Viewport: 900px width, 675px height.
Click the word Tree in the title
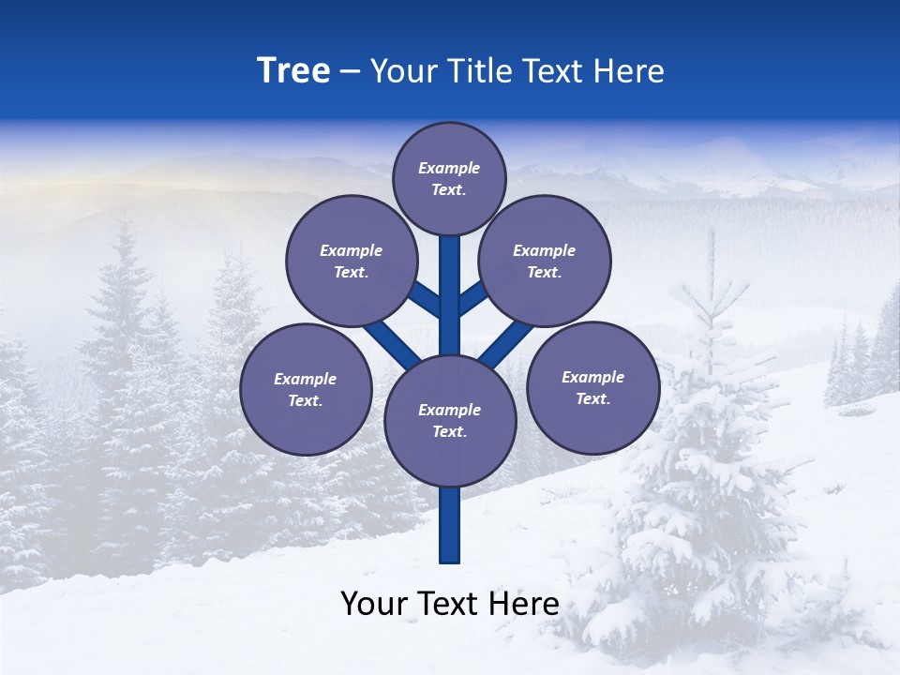[293, 70]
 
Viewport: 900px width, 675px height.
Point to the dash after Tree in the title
[350, 72]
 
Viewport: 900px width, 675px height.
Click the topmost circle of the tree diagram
[449, 178]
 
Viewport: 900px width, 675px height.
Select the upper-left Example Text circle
[351, 261]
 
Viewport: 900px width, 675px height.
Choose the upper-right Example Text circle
[544, 261]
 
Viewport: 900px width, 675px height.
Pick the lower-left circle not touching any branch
[306, 389]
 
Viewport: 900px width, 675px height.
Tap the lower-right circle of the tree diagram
[592, 387]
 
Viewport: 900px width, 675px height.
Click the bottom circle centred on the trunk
[450, 420]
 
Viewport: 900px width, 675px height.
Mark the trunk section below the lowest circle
[450, 525]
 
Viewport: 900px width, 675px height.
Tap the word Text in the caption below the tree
[449, 604]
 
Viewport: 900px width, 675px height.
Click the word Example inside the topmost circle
[449, 168]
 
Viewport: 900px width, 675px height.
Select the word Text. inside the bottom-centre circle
[449, 431]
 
